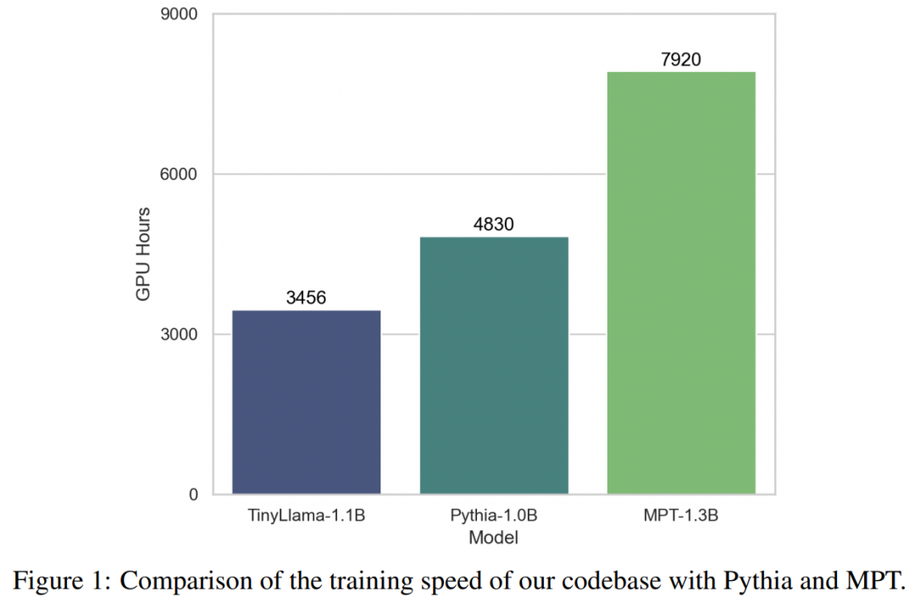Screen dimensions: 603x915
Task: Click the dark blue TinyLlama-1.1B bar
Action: pos(306,402)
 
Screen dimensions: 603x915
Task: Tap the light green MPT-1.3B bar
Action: pos(681,283)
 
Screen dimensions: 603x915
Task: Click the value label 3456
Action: pos(306,298)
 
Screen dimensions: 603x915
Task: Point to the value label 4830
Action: pos(494,224)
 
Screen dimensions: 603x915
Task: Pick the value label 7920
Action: pos(681,59)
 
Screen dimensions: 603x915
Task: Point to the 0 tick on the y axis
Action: pos(192,495)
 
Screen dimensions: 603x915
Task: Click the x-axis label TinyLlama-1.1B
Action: pos(306,516)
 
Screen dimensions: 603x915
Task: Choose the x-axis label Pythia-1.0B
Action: pos(494,516)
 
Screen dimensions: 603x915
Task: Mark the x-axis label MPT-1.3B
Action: pos(681,516)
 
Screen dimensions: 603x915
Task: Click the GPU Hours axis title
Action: pos(143,253)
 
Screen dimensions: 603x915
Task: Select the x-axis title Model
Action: pos(493,537)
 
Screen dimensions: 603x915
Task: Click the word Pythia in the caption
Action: pos(751,580)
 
